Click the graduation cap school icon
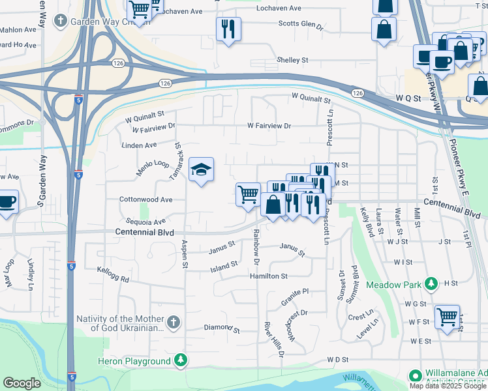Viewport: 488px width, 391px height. pos(201,171)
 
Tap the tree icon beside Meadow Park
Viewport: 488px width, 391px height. pos(431,284)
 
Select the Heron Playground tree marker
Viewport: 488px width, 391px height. pos(180,360)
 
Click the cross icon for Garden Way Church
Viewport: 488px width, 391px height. pos(60,21)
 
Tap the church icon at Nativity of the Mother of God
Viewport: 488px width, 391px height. pos(173,322)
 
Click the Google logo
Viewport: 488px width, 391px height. pos(22,383)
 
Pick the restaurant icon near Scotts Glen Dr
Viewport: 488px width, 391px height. pos(228,29)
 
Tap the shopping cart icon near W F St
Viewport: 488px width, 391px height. pos(447,318)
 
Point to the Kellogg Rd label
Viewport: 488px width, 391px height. pos(113,274)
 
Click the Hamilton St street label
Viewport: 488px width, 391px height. pos(268,276)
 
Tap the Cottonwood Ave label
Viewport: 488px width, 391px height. pos(145,199)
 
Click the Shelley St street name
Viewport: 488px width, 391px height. pos(292,60)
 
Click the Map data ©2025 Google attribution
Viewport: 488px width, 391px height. pos(447,385)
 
